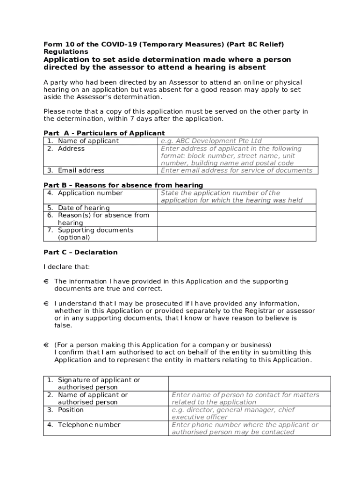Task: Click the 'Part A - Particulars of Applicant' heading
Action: point(104,133)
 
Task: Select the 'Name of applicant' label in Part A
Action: point(88,141)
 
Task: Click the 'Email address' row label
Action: point(81,170)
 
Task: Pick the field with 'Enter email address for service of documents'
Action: point(237,170)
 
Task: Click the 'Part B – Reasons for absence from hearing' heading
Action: point(123,185)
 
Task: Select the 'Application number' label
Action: point(90,193)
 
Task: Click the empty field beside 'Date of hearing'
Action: point(237,208)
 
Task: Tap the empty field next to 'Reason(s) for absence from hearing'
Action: point(237,219)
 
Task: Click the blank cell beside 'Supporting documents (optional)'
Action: point(237,234)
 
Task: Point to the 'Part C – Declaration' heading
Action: point(80,252)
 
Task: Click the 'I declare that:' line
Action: point(66,267)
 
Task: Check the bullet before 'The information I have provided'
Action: point(46,282)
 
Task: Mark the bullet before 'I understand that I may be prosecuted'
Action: point(46,304)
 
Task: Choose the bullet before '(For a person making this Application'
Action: point(46,345)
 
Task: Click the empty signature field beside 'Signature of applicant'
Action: point(249,384)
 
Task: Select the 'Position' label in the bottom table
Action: point(71,410)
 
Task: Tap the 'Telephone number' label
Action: point(89,425)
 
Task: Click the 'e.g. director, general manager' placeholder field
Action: point(249,414)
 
